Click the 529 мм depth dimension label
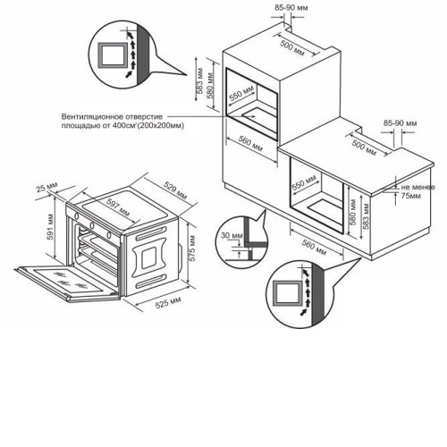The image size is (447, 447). click(x=175, y=190)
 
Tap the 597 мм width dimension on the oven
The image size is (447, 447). click(x=118, y=207)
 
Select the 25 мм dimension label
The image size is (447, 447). click(x=46, y=187)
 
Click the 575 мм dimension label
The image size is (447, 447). click(x=192, y=249)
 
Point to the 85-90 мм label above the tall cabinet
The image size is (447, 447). click(x=291, y=8)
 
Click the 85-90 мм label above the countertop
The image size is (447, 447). click(x=401, y=123)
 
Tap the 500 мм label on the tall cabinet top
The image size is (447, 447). click(x=292, y=48)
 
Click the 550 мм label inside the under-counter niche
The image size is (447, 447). click(x=304, y=182)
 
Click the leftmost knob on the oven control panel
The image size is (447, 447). click(x=76, y=215)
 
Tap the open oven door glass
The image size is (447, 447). click(x=68, y=281)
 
